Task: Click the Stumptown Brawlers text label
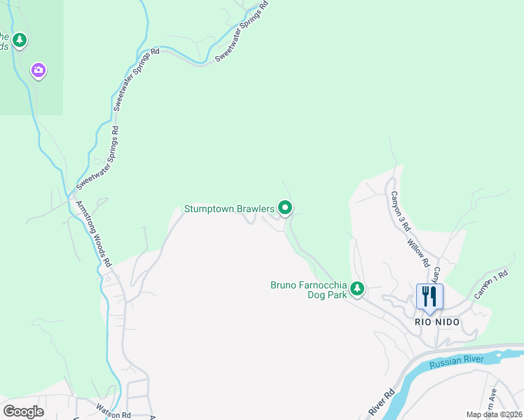point(229,209)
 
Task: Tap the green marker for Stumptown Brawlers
point(285,208)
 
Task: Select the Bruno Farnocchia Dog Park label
point(309,290)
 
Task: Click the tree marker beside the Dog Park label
point(357,288)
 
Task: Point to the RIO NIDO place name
point(438,322)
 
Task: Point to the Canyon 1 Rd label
point(490,286)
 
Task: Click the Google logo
point(23,411)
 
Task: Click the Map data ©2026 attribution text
point(495,414)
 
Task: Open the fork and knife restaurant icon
point(429,296)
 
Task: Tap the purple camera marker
point(39,70)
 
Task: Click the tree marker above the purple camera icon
point(20,40)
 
